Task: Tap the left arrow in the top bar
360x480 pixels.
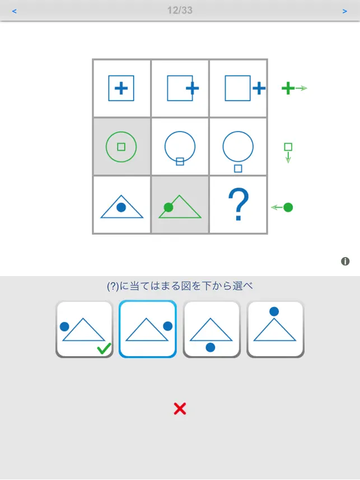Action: pos(14,11)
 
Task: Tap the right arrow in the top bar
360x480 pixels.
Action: pos(345,11)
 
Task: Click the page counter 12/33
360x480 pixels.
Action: pos(180,11)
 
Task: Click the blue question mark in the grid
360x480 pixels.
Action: pos(239,204)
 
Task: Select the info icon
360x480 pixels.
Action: pos(345,261)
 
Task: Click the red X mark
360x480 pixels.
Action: pos(180,408)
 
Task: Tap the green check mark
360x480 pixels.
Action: pos(104,349)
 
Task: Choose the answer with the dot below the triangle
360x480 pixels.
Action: pos(211,329)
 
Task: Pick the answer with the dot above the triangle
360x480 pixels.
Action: pos(275,329)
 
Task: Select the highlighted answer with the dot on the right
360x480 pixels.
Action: pos(148,329)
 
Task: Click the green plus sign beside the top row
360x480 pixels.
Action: pos(288,88)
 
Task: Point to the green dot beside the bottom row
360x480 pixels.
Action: pos(288,207)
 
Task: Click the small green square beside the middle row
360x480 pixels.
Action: pos(288,147)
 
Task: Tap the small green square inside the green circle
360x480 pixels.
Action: pos(121,147)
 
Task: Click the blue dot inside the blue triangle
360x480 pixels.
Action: pos(121,207)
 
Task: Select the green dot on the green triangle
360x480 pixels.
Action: pos(169,207)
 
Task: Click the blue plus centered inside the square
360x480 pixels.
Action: pos(121,88)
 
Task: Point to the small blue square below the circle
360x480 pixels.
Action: pos(238,169)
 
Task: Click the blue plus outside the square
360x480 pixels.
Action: pos(259,88)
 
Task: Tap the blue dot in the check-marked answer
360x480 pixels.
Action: pos(64,327)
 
